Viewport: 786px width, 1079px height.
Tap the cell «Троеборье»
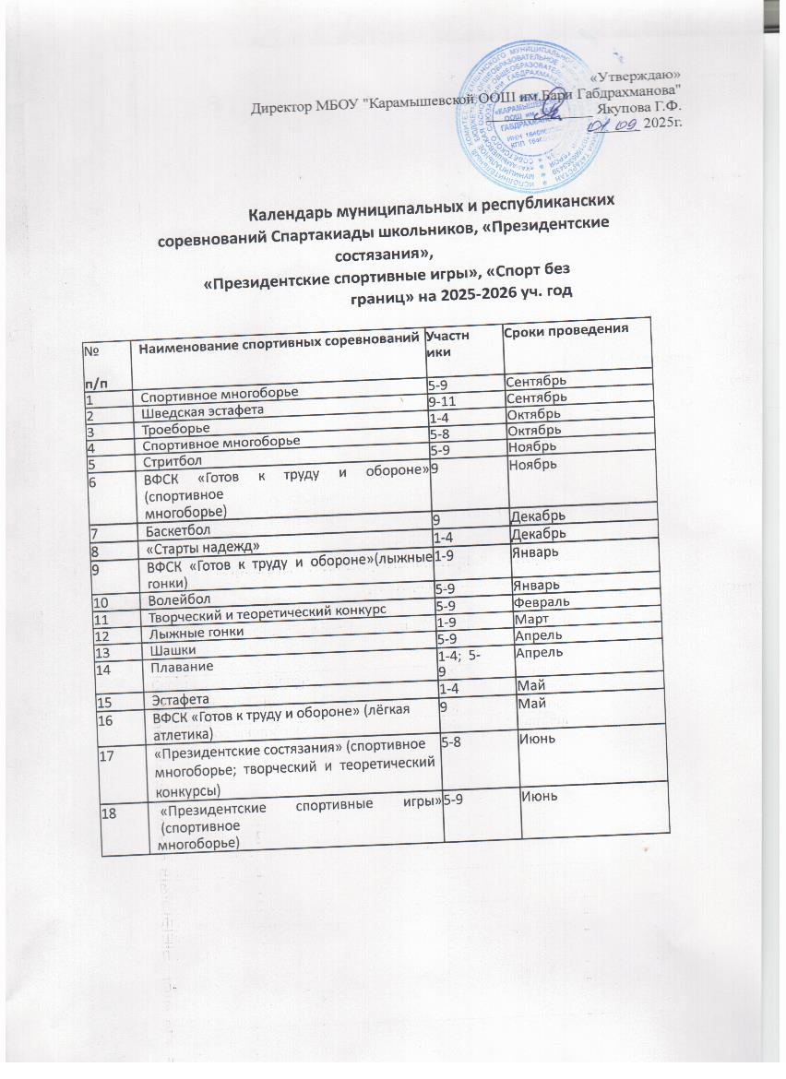click(172, 428)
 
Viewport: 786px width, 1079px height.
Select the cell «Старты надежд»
click(189, 547)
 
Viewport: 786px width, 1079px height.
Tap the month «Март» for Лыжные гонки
click(532, 619)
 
